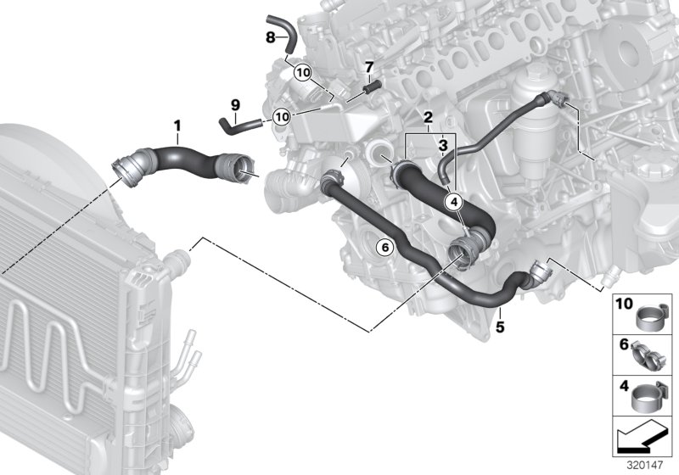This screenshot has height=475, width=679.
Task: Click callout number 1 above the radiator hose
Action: pyautogui.click(x=177, y=127)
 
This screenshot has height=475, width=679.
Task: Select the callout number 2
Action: pyautogui.click(x=429, y=116)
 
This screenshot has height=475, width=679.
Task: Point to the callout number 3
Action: pyautogui.click(x=441, y=146)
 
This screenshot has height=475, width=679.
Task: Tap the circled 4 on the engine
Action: pyautogui.click(x=453, y=202)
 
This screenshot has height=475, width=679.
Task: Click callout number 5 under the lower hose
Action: pyautogui.click(x=500, y=324)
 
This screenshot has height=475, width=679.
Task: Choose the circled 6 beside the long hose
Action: pyautogui.click(x=384, y=248)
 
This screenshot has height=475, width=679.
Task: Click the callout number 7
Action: pyautogui.click(x=369, y=66)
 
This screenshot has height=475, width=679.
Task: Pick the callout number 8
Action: pyautogui.click(x=271, y=37)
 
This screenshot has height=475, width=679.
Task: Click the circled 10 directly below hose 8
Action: pyautogui.click(x=303, y=75)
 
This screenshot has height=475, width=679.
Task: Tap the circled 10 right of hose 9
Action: pyautogui.click(x=282, y=115)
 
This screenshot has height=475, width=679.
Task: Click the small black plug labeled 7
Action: pyautogui.click(x=370, y=86)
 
